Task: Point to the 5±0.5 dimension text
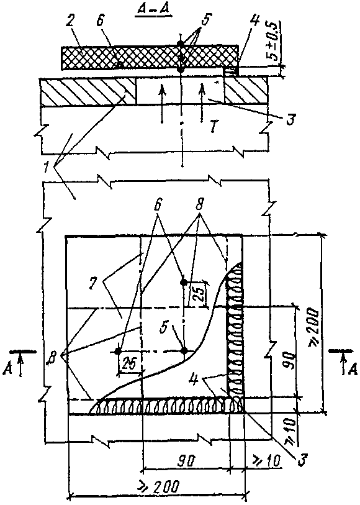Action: (274, 41)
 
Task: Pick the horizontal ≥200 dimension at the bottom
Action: (159, 486)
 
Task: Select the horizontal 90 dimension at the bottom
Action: (186, 461)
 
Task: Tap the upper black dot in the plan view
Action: (183, 282)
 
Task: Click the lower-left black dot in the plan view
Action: (118, 351)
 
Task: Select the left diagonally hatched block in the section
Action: (88, 91)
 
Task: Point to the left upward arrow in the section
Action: (162, 102)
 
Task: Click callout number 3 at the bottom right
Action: (301, 460)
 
